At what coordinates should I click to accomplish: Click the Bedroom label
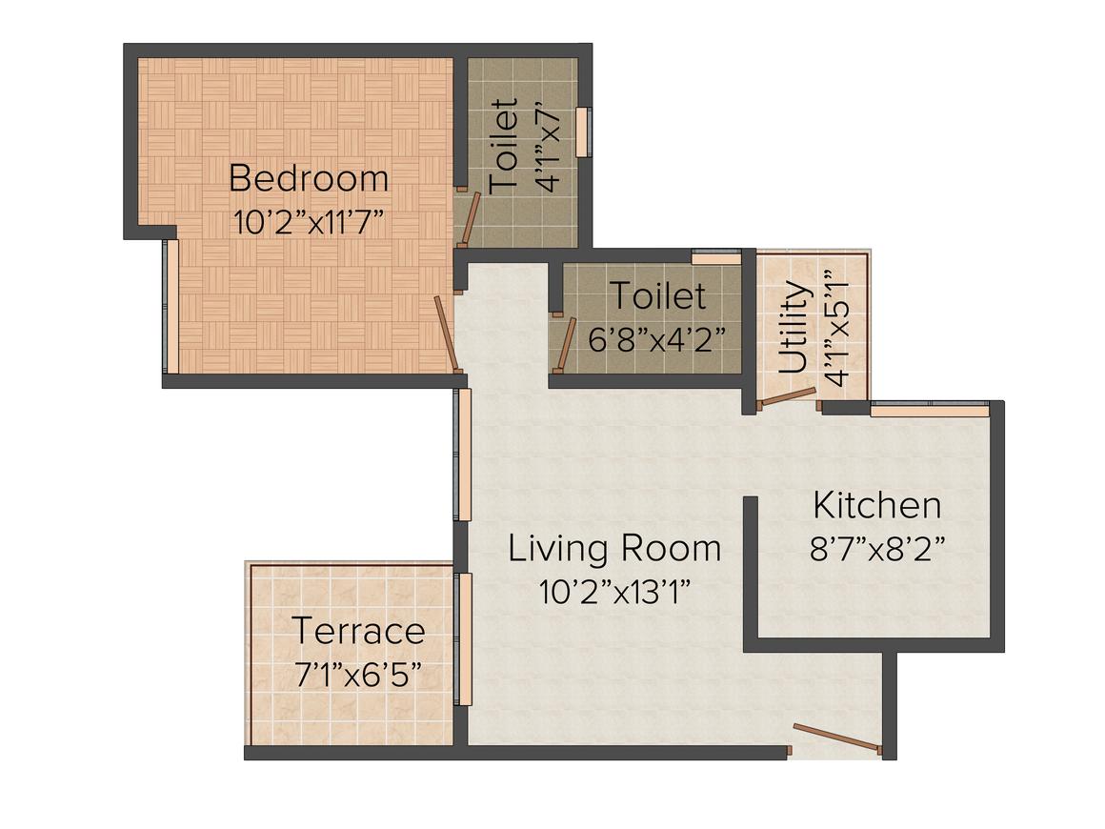pyautogui.click(x=309, y=178)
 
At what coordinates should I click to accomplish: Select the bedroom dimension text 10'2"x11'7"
pyautogui.click(x=309, y=222)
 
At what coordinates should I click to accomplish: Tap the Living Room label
pyautogui.click(x=614, y=549)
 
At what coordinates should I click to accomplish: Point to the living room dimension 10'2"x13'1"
pyautogui.click(x=614, y=592)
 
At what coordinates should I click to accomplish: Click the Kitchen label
pyautogui.click(x=876, y=505)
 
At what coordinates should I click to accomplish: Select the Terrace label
pyautogui.click(x=358, y=631)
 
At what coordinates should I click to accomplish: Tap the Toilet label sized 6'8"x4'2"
pyautogui.click(x=657, y=296)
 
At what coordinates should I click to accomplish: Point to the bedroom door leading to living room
pyautogui.click(x=447, y=333)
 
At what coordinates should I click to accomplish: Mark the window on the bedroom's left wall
pyautogui.click(x=170, y=305)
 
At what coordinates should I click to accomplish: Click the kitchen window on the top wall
pyautogui.click(x=929, y=410)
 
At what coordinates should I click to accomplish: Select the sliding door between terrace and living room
pyautogui.click(x=464, y=638)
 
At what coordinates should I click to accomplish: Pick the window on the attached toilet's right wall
pyautogui.click(x=586, y=131)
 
